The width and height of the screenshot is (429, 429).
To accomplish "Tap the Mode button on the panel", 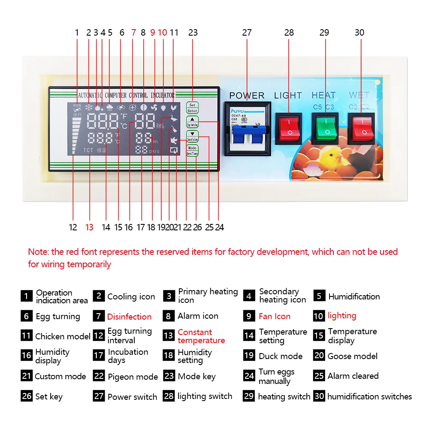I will tap(192, 150).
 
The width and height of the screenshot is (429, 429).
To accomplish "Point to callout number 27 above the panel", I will tap(247, 33).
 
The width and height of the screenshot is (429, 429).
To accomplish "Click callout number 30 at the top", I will tap(360, 33).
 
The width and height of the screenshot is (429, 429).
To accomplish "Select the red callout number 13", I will tap(89, 227).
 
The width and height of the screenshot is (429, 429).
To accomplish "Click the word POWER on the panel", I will tap(247, 95).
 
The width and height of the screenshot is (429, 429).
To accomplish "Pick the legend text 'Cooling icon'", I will tap(131, 296).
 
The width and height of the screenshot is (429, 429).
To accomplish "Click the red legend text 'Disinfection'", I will tap(129, 317).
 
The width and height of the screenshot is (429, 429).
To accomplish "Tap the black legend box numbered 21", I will tap(27, 376).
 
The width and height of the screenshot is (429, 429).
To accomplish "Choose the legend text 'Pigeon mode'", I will tap(133, 377).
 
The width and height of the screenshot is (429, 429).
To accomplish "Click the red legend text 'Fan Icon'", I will tap(275, 316).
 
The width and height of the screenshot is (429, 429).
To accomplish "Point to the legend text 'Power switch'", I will tap(132, 397).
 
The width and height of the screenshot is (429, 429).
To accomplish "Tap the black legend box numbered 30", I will tap(319, 396).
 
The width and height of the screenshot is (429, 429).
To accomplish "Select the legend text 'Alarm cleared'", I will tap(353, 376).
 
